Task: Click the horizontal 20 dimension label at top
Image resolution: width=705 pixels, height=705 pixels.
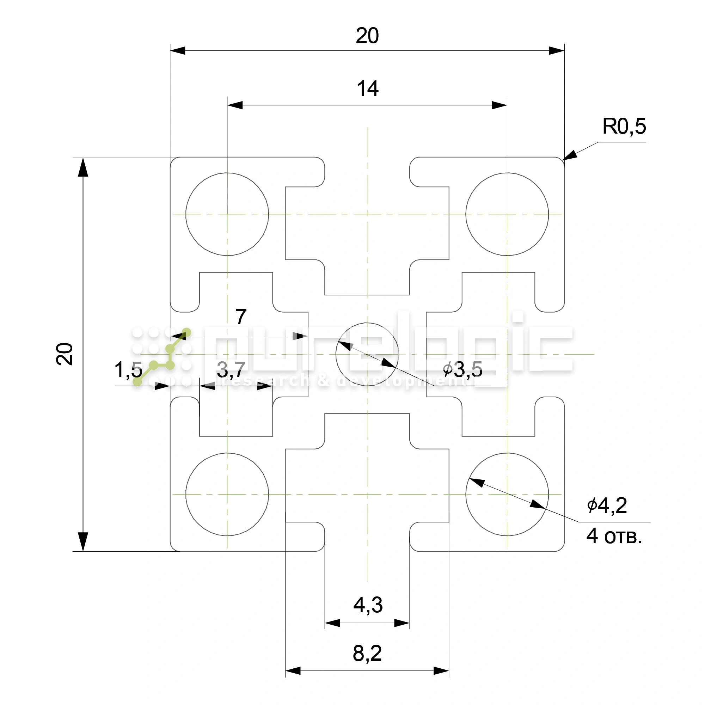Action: coord(367,36)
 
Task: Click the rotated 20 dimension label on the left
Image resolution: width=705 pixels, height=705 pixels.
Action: coord(65,354)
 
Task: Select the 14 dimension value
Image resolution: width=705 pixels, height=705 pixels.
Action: coord(367,89)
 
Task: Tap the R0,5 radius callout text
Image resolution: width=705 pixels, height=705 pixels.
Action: coord(624,127)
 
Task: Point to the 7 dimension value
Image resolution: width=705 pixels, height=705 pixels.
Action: coord(241,317)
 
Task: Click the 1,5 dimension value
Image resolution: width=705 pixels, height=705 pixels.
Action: coord(128,370)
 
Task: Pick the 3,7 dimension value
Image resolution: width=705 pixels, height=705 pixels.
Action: coord(231,370)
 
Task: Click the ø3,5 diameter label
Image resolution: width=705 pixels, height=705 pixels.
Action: coord(463,369)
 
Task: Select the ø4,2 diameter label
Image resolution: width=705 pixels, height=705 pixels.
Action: coord(607,505)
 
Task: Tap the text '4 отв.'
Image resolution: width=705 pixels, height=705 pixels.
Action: coord(614,536)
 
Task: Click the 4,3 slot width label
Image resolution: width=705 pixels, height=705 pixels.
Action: coord(368,605)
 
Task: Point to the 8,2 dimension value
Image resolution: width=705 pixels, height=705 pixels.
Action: coord(367,653)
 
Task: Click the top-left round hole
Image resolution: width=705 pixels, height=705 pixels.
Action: coord(227,214)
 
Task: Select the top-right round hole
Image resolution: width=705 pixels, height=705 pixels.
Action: coord(507,214)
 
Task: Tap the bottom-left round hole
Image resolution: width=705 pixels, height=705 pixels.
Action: coord(227,495)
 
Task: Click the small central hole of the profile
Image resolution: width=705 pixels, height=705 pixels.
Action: coord(367,354)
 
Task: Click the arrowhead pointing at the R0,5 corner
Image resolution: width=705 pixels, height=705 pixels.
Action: coord(570,155)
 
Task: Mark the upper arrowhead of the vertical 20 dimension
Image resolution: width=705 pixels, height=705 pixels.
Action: coord(83,167)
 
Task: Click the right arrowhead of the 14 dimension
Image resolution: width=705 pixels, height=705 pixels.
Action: coord(499,105)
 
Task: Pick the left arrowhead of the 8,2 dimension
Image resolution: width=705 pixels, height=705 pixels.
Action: coord(293,671)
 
